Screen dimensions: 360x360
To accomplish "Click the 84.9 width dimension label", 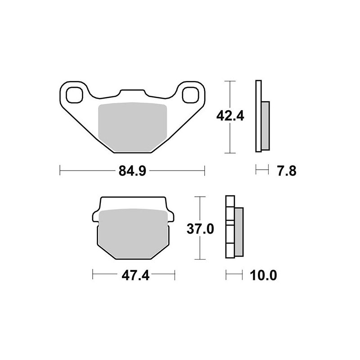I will point(132,171).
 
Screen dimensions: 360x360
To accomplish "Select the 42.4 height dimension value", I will point(230,116).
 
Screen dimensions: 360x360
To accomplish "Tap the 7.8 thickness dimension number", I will point(286,171).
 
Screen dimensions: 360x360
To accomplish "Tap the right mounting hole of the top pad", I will point(191,94).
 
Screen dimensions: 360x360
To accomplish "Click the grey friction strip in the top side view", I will point(265,126).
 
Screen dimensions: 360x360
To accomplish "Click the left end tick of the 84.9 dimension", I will point(60,171).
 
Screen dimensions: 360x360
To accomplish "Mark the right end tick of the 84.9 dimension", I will point(205,171).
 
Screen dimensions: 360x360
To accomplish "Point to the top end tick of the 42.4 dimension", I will point(230,81).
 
